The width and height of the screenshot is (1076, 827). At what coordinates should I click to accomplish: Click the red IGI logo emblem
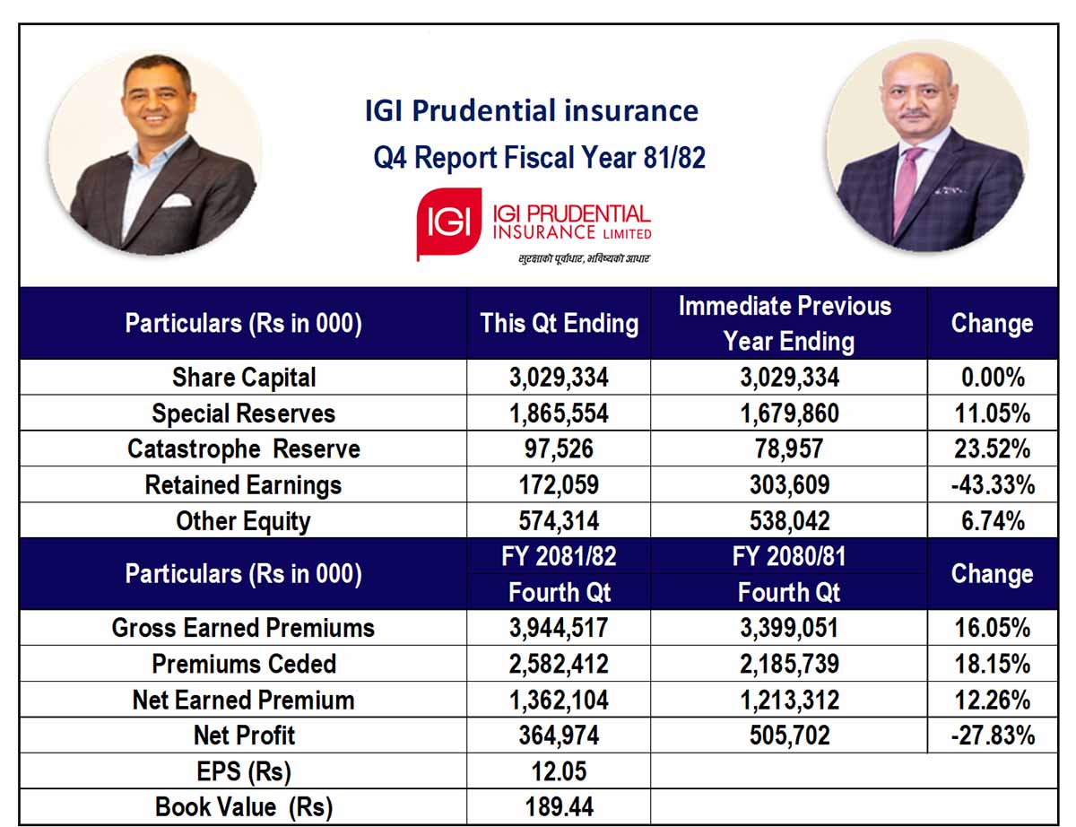[448, 223]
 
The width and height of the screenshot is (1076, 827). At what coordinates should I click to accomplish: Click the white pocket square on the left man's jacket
[177, 201]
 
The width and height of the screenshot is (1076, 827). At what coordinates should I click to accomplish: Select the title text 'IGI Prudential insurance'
[532, 110]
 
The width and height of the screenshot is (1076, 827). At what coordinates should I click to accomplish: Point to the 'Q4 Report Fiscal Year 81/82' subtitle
[539, 158]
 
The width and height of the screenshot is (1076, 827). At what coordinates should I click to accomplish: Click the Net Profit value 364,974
[559, 735]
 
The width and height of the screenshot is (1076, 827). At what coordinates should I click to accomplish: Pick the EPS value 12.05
[559, 771]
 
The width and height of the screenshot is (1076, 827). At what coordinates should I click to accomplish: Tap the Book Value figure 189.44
[559, 806]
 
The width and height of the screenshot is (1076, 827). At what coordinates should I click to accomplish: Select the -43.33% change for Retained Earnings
[993, 485]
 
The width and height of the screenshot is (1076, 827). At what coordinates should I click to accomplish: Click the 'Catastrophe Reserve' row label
[244, 448]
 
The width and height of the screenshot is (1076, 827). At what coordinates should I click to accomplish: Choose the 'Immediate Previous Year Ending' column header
[788, 324]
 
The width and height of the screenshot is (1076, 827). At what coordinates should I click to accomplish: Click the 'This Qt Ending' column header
[559, 324]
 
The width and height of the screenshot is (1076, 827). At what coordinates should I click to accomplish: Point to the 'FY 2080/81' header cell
[789, 556]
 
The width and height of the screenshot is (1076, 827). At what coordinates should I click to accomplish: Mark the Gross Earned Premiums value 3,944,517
[559, 628]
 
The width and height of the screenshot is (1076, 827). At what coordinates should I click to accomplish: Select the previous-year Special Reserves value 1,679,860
[789, 413]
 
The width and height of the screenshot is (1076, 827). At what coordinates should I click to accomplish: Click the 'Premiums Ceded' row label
[244, 664]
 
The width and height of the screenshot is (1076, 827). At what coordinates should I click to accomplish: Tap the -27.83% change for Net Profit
[993, 735]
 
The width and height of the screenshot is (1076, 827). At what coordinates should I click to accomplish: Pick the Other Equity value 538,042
[789, 520]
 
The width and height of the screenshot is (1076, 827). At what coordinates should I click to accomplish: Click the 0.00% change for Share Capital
[993, 378]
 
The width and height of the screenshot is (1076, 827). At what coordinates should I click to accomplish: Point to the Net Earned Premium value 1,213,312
[789, 700]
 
